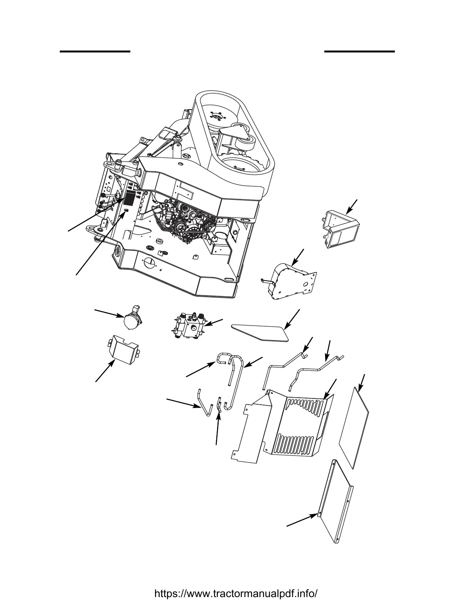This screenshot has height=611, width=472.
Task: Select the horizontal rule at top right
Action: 359,51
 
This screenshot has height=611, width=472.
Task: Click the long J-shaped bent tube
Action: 235,382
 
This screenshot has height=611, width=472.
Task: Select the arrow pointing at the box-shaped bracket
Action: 351,206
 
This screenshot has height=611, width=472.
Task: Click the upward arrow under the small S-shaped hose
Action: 218,428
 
